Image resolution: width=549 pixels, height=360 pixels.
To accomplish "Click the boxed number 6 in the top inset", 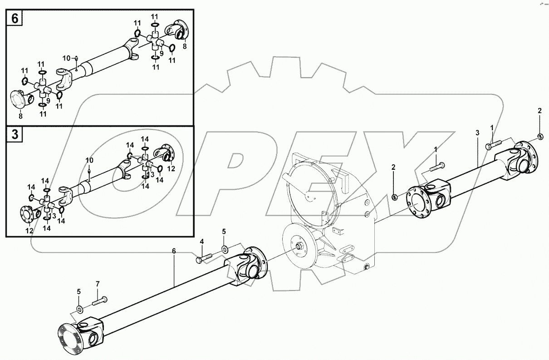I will coord(14,19).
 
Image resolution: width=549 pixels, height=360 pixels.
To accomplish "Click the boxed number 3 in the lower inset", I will coord(14,135).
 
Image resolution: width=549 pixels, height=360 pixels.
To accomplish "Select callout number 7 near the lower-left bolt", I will coord(97,284).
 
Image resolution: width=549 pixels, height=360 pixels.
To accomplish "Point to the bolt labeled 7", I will coord(100,300).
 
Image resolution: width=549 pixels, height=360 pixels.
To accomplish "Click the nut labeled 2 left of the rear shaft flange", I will coord(394,197).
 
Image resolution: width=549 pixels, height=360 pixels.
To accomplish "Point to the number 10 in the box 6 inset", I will coord(66,58).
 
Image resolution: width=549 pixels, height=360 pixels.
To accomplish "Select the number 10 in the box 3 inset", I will coord(89,160).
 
